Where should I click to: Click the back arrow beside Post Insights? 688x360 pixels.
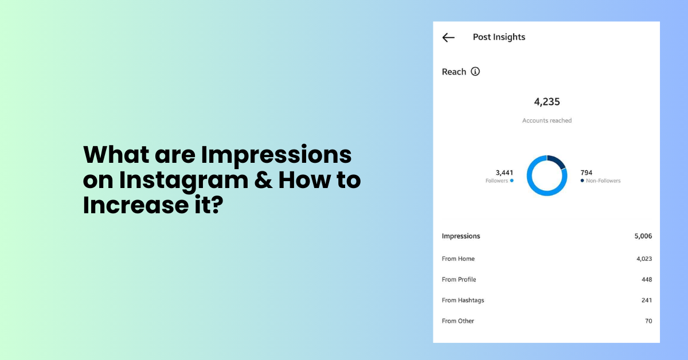click(x=448, y=37)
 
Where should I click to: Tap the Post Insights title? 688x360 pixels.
click(x=499, y=37)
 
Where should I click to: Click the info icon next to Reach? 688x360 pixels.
click(x=475, y=72)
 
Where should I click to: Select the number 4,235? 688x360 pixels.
click(x=547, y=102)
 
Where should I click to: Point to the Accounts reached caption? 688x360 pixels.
click(x=547, y=121)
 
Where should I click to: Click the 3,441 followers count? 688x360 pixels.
click(x=504, y=173)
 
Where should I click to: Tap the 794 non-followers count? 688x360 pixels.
click(x=587, y=173)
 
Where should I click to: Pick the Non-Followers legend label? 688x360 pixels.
click(x=603, y=181)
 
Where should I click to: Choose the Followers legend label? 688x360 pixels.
click(x=496, y=181)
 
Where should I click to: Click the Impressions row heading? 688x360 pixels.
click(x=461, y=236)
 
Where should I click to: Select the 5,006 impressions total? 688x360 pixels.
click(x=643, y=236)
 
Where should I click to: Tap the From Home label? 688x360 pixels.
click(x=458, y=259)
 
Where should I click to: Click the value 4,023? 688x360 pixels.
click(x=644, y=259)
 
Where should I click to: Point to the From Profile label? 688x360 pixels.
click(x=459, y=280)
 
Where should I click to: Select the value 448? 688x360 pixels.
click(x=647, y=280)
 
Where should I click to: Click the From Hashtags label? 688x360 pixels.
click(x=463, y=300)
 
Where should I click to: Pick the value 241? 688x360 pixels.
click(x=647, y=300)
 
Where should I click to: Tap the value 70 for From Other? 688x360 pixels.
click(x=648, y=321)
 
